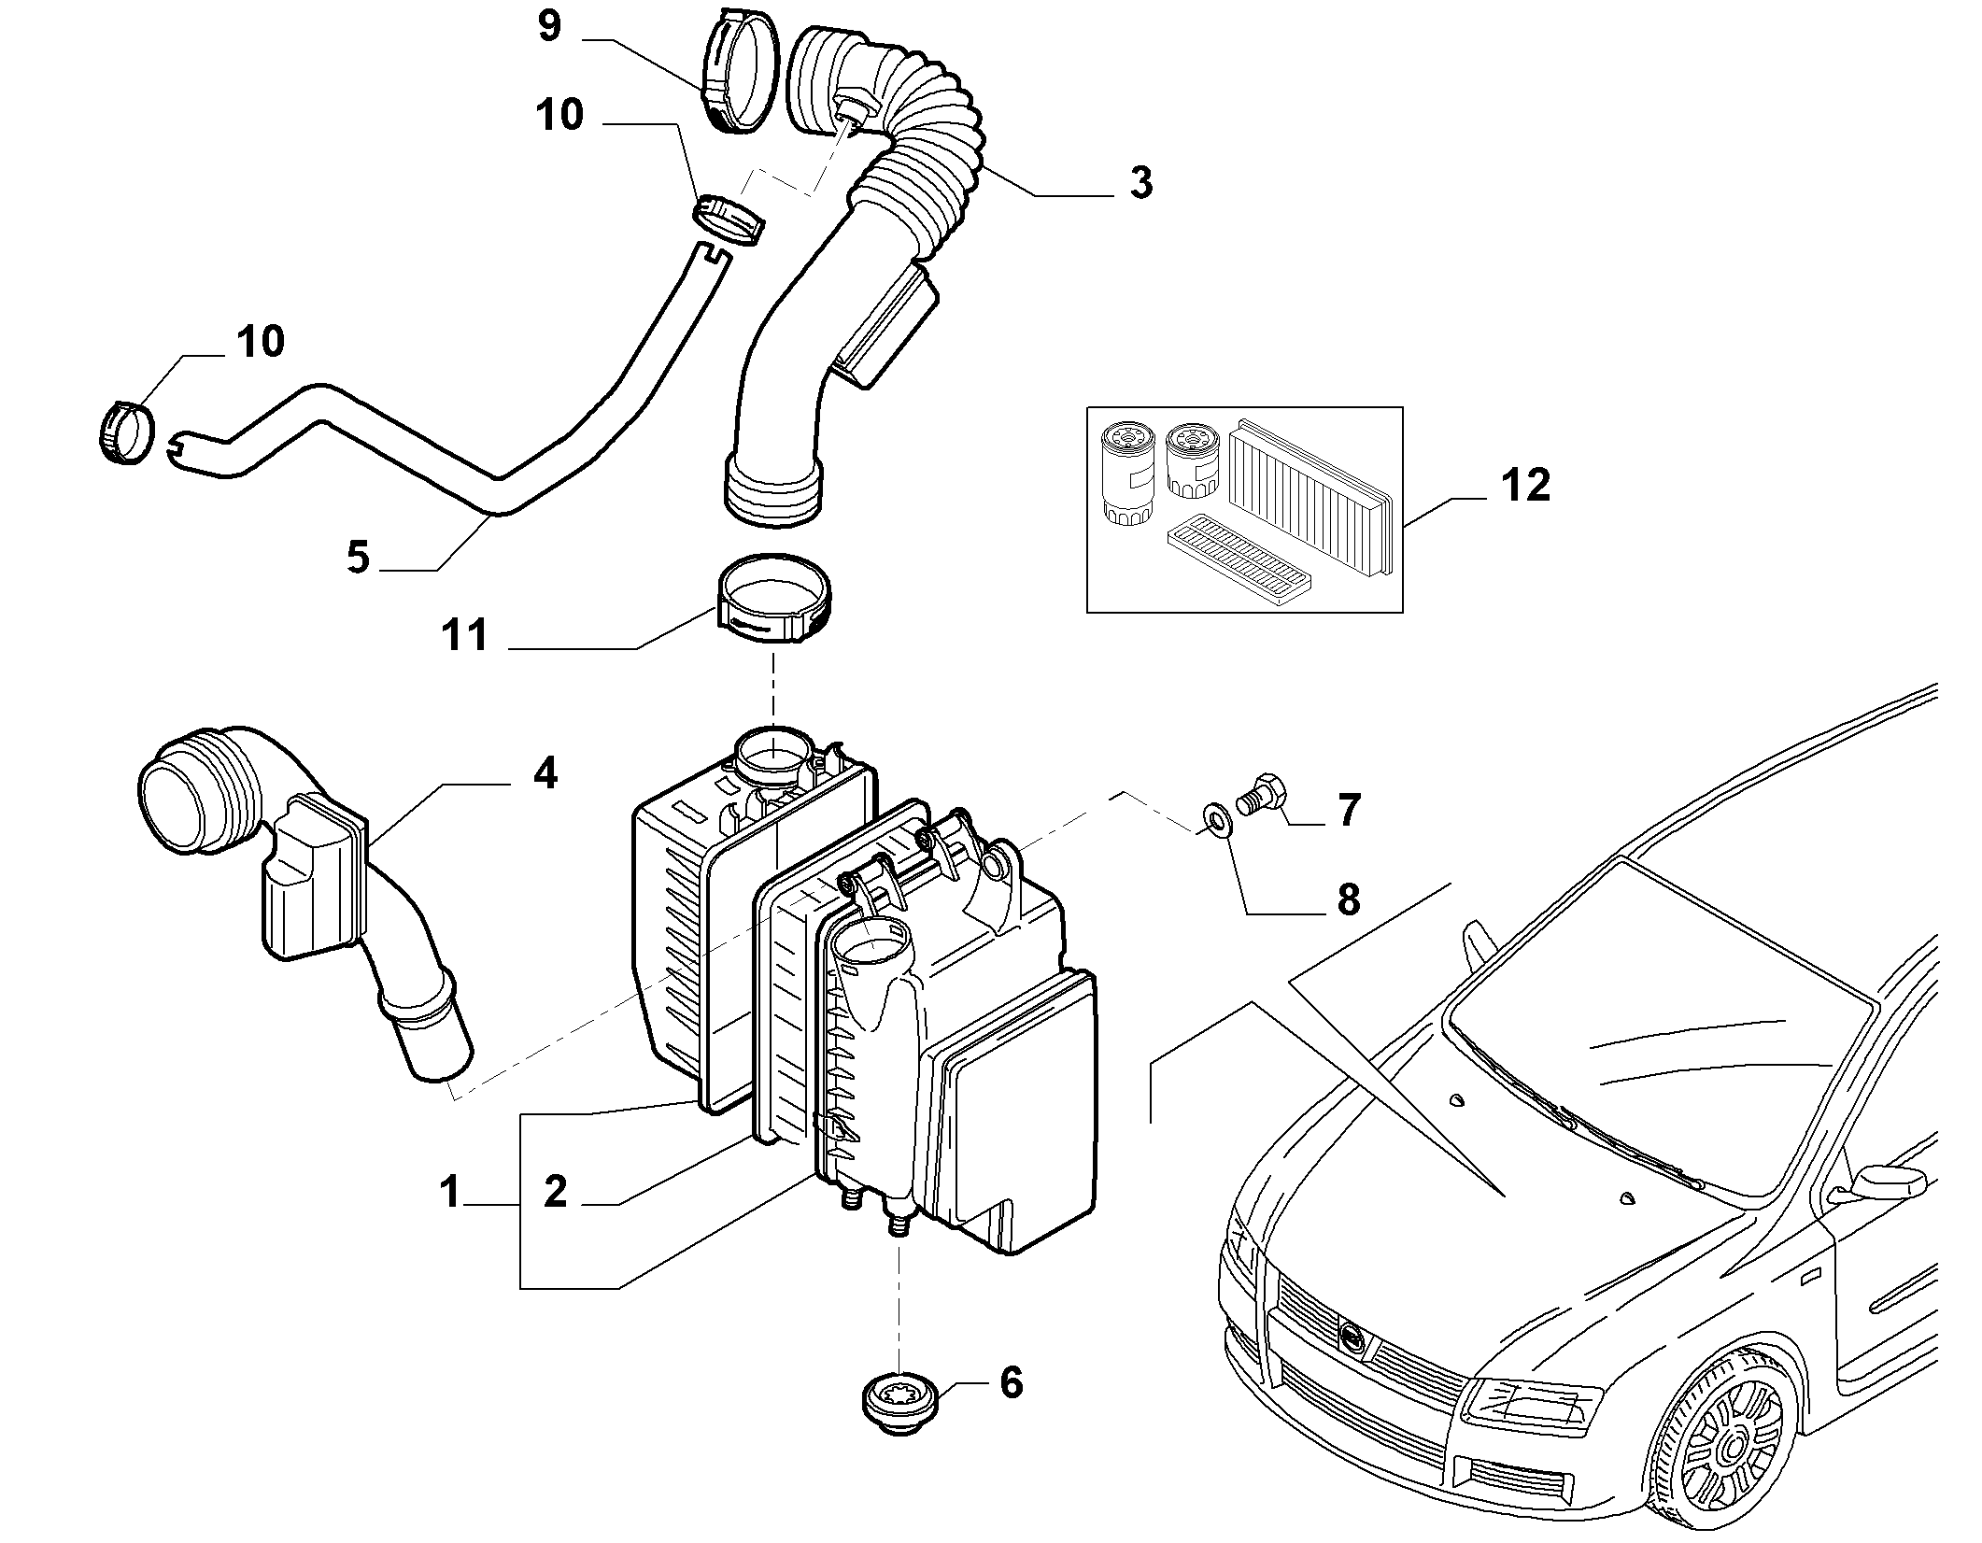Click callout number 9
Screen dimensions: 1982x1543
click(x=549, y=26)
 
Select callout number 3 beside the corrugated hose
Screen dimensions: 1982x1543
click(x=1140, y=182)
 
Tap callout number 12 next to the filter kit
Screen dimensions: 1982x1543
click(x=1525, y=486)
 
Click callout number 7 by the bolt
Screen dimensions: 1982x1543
click(x=1348, y=810)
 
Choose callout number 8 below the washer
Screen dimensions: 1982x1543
click(x=1348, y=899)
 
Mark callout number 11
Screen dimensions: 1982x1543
click(x=465, y=635)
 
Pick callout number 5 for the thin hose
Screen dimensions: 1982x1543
click(x=358, y=558)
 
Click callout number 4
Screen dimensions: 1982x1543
click(x=545, y=773)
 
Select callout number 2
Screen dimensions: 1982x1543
click(x=555, y=1193)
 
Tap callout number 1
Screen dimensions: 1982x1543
click(x=450, y=1193)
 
